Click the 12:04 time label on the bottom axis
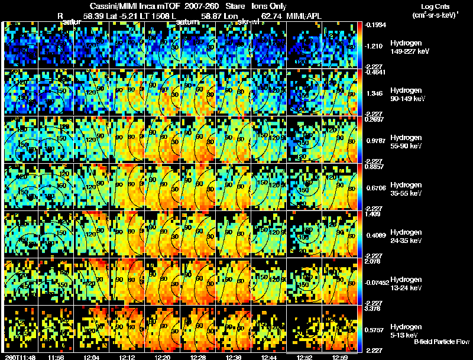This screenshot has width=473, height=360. click(92, 357)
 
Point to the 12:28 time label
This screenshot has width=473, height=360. click(198, 357)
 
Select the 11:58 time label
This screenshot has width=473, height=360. click(56, 357)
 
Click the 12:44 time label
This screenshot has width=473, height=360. click(269, 357)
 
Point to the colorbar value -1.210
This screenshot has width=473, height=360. click(376, 45)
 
